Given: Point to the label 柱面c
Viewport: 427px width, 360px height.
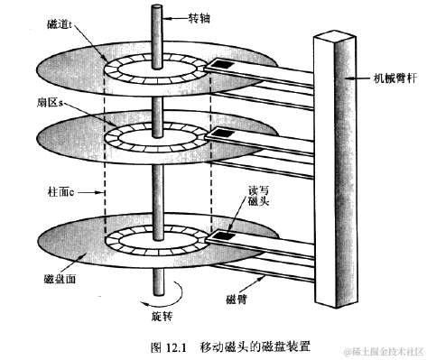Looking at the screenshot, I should click(60, 189).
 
